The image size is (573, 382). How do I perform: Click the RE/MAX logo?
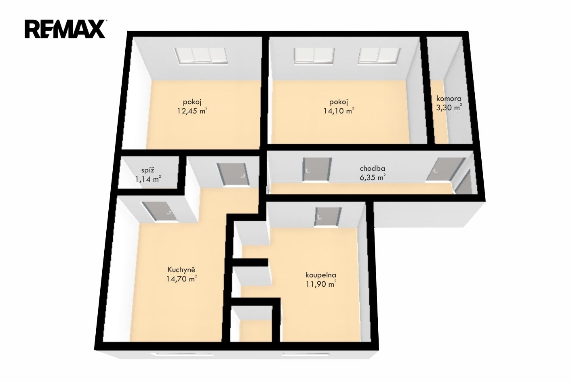click(x=65, y=29)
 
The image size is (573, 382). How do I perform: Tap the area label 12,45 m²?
click(x=192, y=111)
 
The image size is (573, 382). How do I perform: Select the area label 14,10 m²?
click(x=339, y=111)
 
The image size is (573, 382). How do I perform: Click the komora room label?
click(x=449, y=99)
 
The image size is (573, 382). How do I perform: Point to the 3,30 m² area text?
click(x=449, y=107)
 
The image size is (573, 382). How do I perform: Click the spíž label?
click(x=148, y=170)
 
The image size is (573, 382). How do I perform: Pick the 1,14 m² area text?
click(x=148, y=179)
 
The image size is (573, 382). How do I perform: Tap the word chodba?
click(x=373, y=168)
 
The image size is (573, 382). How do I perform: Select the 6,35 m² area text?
click(x=373, y=177)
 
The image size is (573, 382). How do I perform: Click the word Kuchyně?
click(x=181, y=269)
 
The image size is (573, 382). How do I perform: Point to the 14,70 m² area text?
click(x=181, y=279)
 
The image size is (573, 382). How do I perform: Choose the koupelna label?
click(x=321, y=275)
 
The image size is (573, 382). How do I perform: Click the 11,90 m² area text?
click(x=321, y=284)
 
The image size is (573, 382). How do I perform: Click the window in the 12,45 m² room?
click(x=200, y=55)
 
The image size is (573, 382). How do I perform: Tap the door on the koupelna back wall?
click(x=328, y=217)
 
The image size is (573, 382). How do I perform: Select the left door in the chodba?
click(x=317, y=170)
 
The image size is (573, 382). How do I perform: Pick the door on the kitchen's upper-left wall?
click(x=160, y=212)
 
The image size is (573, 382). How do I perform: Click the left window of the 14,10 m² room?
click(x=314, y=55)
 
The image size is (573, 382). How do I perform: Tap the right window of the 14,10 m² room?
click(x=379, y=55)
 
